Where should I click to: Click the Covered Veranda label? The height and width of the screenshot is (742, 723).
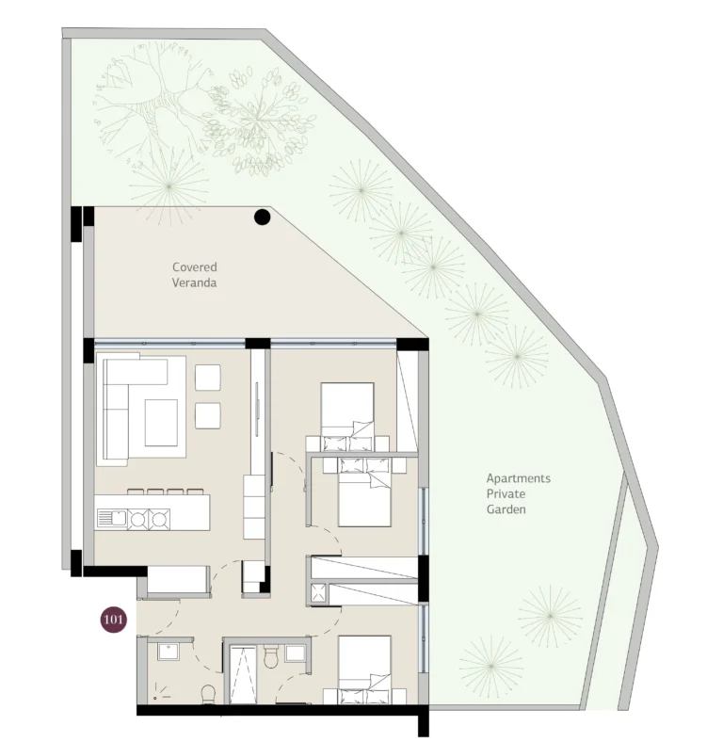pyautogui.click(x=194, y=275)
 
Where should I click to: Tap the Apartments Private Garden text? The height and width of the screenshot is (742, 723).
pyautogui.click(x=518, y=493)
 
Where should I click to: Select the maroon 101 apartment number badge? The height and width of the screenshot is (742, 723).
pyautogui.click(x=114, y=620)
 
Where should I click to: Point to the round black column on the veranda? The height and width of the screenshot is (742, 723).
pyautogui.click(x=262, y=218)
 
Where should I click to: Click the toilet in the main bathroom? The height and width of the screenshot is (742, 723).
pyautogui.click(x=270, y=656)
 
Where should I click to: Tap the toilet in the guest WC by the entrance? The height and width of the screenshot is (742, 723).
pyautogui.click(x=208, y=694)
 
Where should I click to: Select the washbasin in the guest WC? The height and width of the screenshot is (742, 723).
pyautogui.click(x=169, y=652)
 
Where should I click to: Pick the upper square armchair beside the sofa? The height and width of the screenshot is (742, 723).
pyautogui.click(x=208, y=378)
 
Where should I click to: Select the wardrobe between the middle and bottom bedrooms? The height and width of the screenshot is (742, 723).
pyautogui.click(x=363, y=580)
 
